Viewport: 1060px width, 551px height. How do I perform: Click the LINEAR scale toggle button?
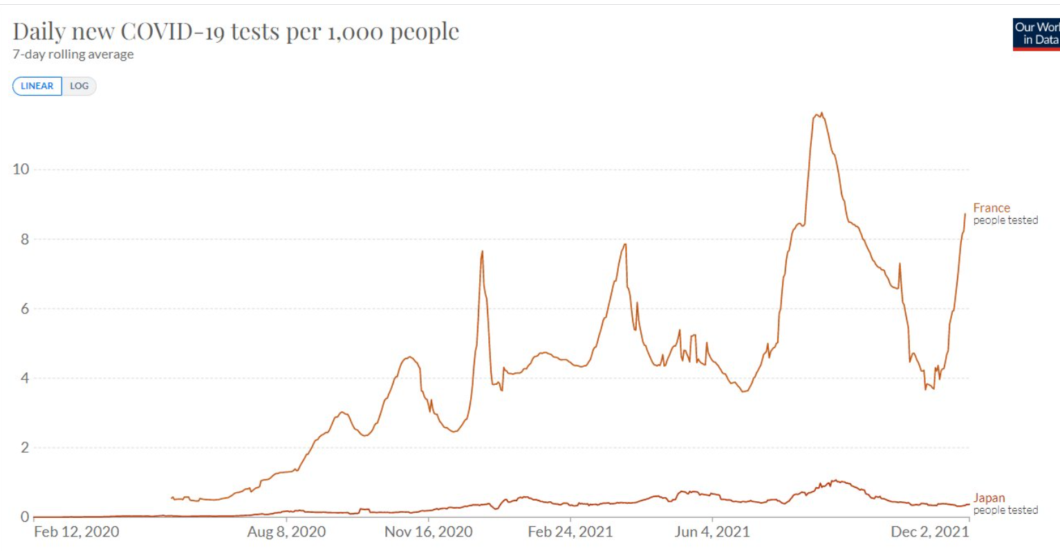[37, 86]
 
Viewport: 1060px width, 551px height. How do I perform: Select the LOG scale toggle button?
[79, 86]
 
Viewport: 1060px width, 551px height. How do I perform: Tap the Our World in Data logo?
[1036, 34]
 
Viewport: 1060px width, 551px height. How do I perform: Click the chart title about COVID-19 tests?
[236, 31]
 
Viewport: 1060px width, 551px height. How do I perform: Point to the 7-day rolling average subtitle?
[73, 55]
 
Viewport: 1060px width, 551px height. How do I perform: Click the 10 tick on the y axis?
[21, 170]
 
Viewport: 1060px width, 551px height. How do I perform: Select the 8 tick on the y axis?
[24, 240]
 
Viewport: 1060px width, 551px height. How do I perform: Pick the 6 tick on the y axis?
[24, 309]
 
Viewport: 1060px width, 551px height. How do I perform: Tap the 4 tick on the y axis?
[24, 379]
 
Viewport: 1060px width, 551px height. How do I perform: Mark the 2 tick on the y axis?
[24, 448]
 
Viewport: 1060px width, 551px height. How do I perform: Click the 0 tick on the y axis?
[24, 517]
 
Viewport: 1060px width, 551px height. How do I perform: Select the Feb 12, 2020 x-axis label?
[77, 532]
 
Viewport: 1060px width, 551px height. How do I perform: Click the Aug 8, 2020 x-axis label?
[286, 532]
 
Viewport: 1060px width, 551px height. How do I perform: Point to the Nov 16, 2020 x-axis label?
[429, 532]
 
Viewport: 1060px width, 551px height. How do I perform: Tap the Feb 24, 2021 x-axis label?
[570, 532]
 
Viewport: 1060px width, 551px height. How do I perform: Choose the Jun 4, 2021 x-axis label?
[712, 532]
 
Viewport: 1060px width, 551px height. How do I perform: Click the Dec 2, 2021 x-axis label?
[929, 532]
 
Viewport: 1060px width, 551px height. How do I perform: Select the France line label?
[992, 208]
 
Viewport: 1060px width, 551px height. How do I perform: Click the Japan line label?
[989, 498]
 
